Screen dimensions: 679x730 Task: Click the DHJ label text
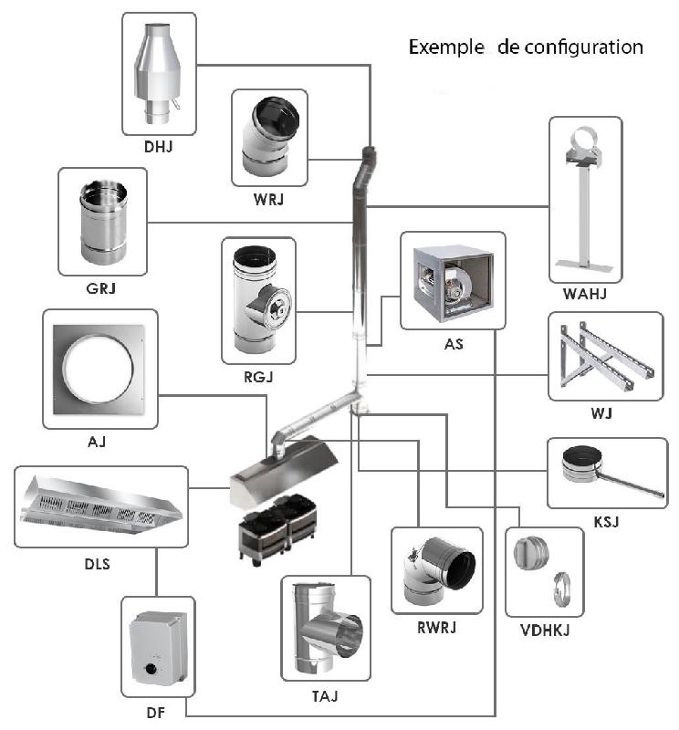click(x=158, y=147)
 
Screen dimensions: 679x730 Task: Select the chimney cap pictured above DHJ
click(x=157, y=75)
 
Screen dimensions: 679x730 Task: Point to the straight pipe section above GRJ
click(x=103, y=223)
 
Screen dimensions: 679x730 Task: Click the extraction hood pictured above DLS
click(x=101, y=506)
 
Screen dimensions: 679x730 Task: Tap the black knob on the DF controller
click(x=151, y=669)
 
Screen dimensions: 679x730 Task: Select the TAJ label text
click(x=325, y=696)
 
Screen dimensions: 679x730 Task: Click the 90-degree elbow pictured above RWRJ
click(x=439, y=571)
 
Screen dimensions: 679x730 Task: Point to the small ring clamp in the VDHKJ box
click(x=561, y=589)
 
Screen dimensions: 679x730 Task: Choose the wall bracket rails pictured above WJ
click(x=605, y=357)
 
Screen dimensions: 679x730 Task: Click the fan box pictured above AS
click(x=453, y=283)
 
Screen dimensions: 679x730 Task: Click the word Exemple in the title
click(x=446, y=47)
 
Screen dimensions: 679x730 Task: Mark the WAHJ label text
click(x=584, y=294)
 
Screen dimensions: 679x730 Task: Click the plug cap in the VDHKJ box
click(x=531, y=553)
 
